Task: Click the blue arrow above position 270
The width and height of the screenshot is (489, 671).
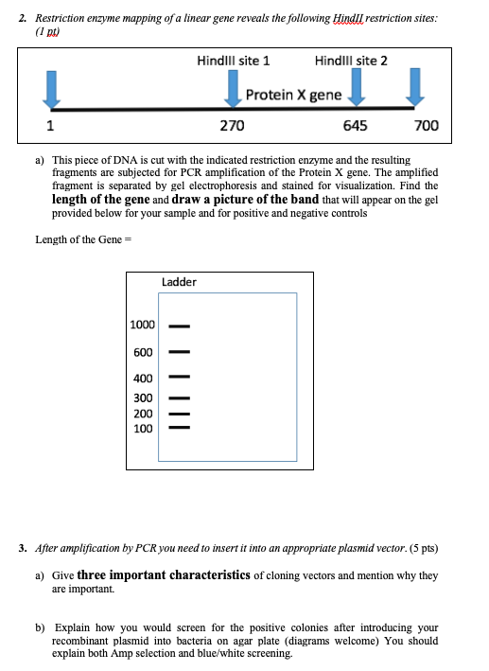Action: (x=233, y=91)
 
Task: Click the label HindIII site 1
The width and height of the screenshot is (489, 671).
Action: (x=233, y=61)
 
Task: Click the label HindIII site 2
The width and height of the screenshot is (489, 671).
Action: (x=351, y=61)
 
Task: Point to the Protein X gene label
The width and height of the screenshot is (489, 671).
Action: (x=293, y=95)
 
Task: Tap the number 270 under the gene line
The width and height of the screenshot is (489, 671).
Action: (x=233, y=126)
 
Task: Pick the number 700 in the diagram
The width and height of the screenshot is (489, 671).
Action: (x=426, y=126)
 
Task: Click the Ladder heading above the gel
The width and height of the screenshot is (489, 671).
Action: (x=180, y=281)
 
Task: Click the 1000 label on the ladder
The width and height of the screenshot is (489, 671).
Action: (x=143, y=326)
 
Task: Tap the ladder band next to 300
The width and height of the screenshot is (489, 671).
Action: (x=180, y=397)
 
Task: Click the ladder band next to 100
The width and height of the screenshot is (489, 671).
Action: (x=180, y=430)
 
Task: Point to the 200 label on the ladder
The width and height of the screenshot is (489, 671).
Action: (x=143, y=414)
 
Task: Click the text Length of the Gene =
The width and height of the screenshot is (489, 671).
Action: (x=81, y=239)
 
